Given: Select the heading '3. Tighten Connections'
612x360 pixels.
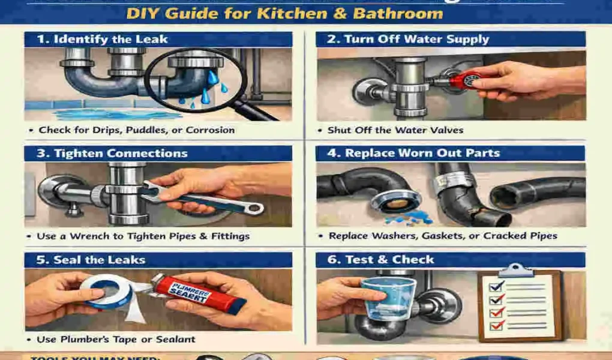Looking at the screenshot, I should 112,153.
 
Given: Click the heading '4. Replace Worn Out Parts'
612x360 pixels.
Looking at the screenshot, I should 422,153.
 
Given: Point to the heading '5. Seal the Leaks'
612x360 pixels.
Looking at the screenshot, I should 91,260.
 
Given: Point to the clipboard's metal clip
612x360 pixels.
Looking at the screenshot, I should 515,270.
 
